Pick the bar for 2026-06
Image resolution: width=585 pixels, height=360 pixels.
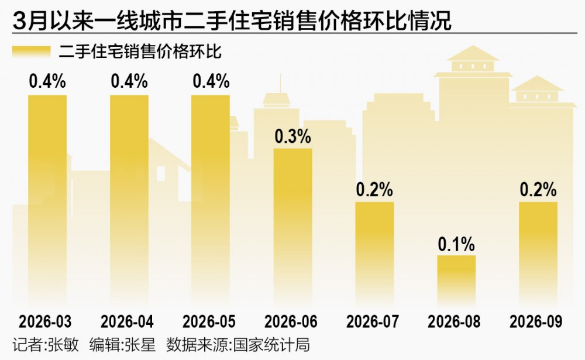293,228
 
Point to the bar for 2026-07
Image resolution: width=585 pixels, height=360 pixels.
374,255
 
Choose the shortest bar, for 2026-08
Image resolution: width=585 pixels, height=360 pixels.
456,281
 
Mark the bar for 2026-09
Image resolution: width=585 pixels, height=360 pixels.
538,255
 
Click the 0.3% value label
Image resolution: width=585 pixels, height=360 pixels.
293,136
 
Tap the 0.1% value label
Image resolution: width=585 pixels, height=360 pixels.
456,244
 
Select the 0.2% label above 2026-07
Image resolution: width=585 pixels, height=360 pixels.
374,190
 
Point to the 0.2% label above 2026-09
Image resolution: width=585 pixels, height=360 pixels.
538,190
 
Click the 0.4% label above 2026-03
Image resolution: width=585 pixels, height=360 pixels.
47,81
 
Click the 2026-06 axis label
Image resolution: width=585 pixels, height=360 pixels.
291,321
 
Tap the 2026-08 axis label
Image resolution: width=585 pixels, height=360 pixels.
454,321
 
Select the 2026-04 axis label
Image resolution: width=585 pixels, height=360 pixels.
127,321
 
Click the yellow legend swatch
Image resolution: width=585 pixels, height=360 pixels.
32,52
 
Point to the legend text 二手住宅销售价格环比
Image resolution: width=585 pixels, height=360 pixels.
140,52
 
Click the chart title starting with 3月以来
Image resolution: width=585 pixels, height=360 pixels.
232,20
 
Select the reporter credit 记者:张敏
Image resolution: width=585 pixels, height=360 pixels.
46,345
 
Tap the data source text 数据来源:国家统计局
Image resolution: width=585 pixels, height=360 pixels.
238,345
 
